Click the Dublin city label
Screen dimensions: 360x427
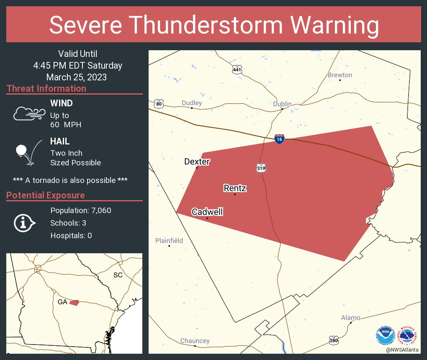tap(282, 104)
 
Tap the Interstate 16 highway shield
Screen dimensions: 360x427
tap(280, 139)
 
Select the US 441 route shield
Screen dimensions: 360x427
tap(237, 69)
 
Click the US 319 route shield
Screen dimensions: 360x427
tap(261, 168)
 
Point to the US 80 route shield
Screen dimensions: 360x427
tap(158, 103)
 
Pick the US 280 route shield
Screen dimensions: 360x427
tap(333, 340)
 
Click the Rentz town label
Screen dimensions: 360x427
tap(235, 188)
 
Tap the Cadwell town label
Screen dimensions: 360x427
tap(207, 212)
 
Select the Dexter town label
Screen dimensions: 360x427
tap(197, 162)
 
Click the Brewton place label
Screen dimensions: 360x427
tap(340, 75)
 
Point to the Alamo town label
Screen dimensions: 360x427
tap(350, 318)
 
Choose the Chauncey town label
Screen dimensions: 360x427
tap(195, 341)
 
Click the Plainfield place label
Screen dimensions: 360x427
tap(169, 241)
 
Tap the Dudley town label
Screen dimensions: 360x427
tap(192, 103)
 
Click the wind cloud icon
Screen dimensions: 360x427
tap(29, 113)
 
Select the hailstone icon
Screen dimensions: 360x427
tap(22, 150)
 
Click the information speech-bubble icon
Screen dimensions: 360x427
tap(24, 223)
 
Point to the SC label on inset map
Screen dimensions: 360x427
tap(118, 275)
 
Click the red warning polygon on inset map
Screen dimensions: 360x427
tap(74, 302)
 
